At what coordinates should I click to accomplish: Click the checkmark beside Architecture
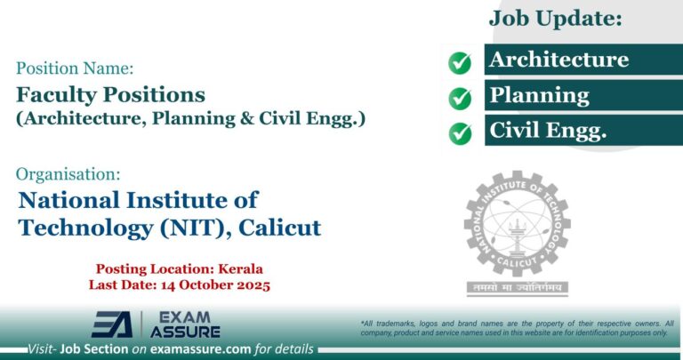[460, 62]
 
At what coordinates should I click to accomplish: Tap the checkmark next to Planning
[460, 97]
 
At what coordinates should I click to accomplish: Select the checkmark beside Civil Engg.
[460, 132]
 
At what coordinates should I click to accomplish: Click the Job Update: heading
[555, 17]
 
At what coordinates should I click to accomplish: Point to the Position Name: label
[75, 67]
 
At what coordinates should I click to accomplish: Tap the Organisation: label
[69, 174]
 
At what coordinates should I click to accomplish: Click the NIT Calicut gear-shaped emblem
[516, 224]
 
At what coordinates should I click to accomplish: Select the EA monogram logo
[111, 324]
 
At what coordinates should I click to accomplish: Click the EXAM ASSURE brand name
[186, 324]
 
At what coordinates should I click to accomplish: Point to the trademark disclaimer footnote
[517, 327]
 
